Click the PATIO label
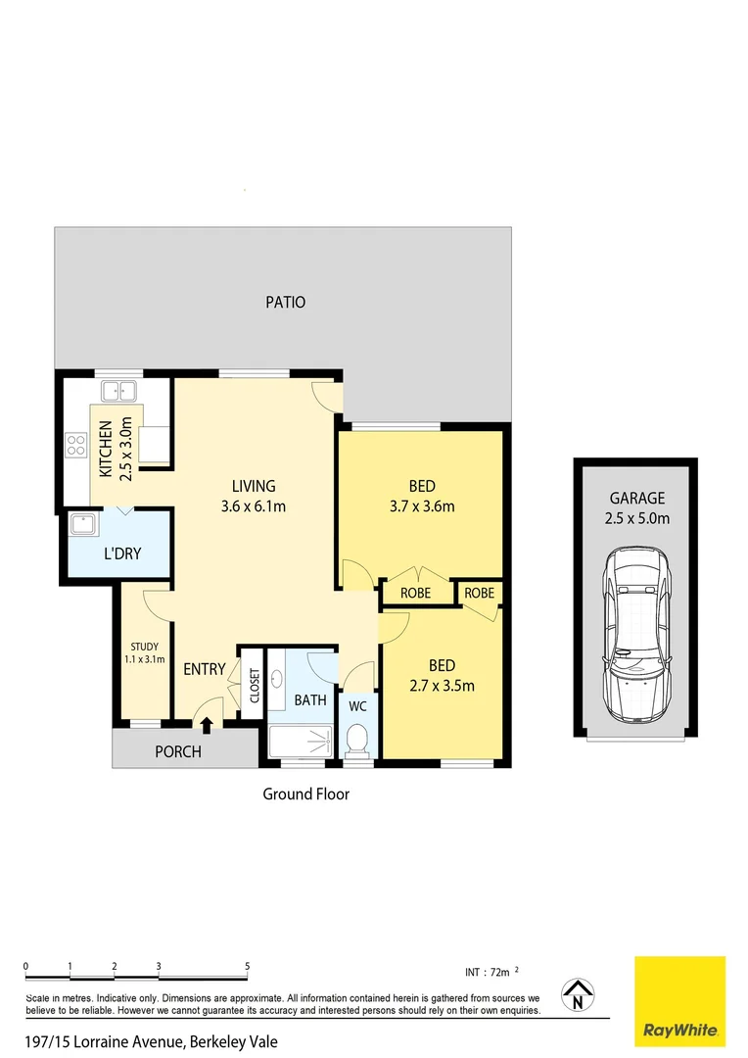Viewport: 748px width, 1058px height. coord(286,302)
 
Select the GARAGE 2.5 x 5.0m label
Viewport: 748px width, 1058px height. coord(636,507)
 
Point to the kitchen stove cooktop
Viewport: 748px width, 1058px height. coord(76,447)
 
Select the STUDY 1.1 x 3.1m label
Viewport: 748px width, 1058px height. coord(144,652)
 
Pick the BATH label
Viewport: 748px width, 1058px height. coord(310,700)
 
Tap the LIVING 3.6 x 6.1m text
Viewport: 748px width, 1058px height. coord(254,496)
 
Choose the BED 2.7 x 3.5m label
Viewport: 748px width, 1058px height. coord(441,676)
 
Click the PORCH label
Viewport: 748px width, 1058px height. coord(178,751)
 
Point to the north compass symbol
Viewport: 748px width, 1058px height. coord(578,996)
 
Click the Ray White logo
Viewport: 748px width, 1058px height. coord(680,1000)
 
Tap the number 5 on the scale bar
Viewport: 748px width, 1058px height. coord(248,966)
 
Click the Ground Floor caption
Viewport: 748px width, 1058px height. coord(305,793)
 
